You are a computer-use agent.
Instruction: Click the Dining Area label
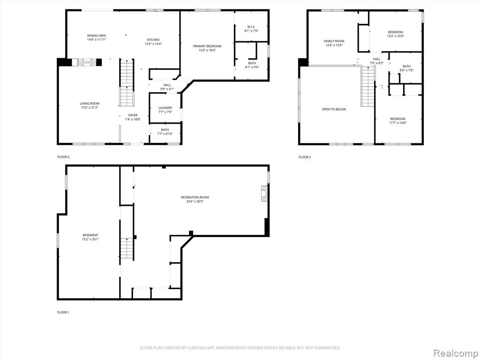[x=97, y=36]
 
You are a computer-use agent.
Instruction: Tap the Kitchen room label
[x=153, y=40]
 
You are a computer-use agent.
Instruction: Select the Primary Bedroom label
[x=207, y=46]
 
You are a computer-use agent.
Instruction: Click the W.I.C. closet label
[x=252, y=27]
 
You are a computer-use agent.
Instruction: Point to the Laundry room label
[x=165, y=108]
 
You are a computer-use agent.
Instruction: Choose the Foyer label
[x=133, y=115]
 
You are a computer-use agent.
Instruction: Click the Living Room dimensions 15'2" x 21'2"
[x=90, y=107]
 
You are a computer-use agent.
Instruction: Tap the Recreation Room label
[x=195, y=197]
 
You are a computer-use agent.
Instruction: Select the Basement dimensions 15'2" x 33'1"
[x=90, y=240]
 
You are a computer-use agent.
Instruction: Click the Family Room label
[x=334, y=41]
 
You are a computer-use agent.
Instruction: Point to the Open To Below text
[x=334, y=109]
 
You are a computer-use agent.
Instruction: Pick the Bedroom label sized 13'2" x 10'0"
[x=396, y=32]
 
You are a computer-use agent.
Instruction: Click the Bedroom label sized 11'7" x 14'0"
[x=397, y=119]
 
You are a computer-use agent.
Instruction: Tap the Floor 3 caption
[x=305, y=157]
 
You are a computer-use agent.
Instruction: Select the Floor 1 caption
[x=63, y=313]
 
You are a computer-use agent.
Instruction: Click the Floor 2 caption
[x=63, y=157]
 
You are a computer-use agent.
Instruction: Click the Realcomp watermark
[x=456, y=353]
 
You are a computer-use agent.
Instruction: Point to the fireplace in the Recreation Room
[x=264, y=194]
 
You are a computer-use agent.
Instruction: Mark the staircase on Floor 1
[x=127, y=248]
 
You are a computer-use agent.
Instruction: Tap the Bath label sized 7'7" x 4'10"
[x=165, y=130]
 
